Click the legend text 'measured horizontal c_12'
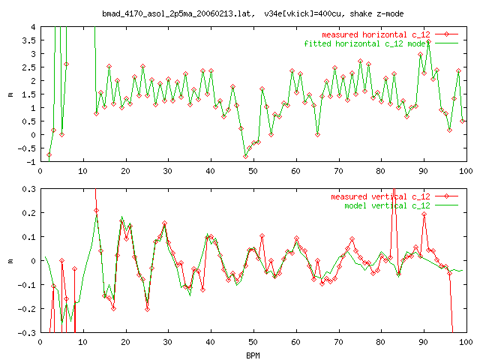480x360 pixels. [377, 34]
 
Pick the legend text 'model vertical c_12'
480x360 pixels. [386, 205]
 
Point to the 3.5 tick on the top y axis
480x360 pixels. [29, 40]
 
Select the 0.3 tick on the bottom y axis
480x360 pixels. [27, 189]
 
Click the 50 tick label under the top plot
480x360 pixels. [253, 171]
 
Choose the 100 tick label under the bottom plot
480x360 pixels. [466, 342]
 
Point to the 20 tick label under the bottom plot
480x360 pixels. [125, 342]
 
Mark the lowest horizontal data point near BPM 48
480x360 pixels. [245, 156]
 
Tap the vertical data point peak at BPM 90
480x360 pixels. [424, 214]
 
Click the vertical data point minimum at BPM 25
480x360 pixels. [147, 308]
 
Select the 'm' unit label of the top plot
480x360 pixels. [10, 94]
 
